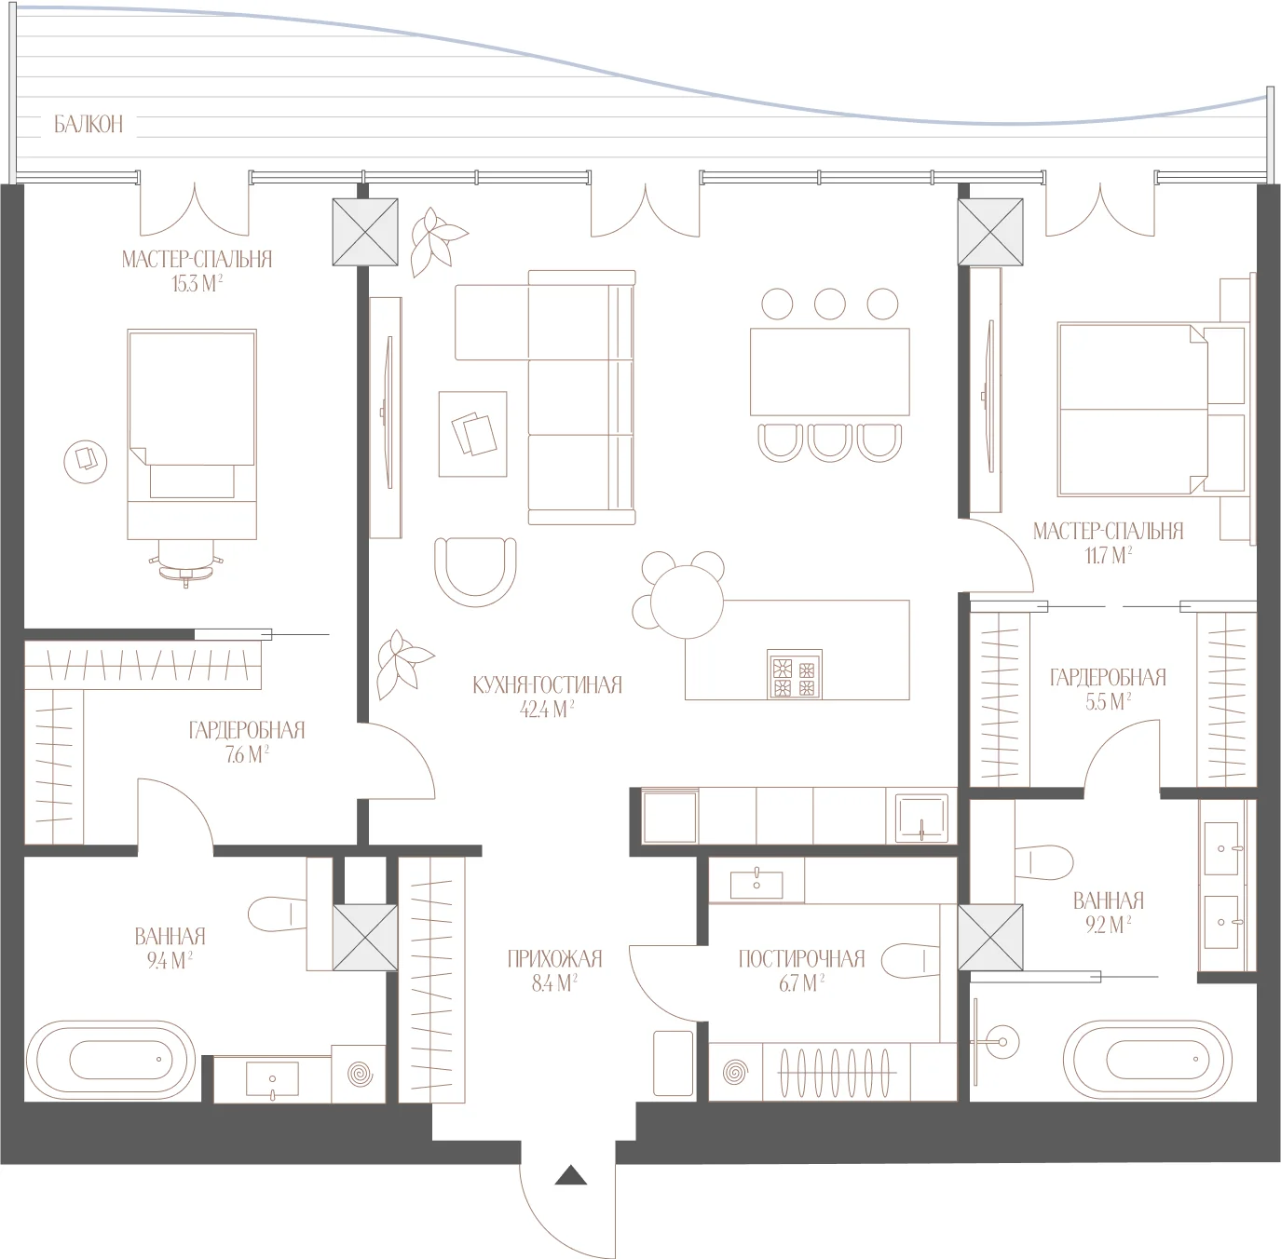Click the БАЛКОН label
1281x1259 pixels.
tap(89, 125)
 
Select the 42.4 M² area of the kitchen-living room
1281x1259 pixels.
tap(547, 710)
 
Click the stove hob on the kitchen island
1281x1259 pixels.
tap(795, 674)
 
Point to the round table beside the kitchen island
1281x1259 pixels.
tap(687, 602)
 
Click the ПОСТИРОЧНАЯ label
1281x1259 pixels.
tap(802, 958)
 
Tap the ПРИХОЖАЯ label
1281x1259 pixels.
tap(554, 958)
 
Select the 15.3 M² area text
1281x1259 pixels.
tap(197, 284)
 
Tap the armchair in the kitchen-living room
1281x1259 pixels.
tap(475, 572)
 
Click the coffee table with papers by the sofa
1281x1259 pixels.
tap(472, 434)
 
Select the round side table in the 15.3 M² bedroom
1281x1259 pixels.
tap(86, 461)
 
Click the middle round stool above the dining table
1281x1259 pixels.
tap(830, 304)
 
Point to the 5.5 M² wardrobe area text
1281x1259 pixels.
tap(1108, 701)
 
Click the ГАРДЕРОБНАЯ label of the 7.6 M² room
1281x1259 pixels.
tap(247, 731)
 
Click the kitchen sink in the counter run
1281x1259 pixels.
tap(922, 818)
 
